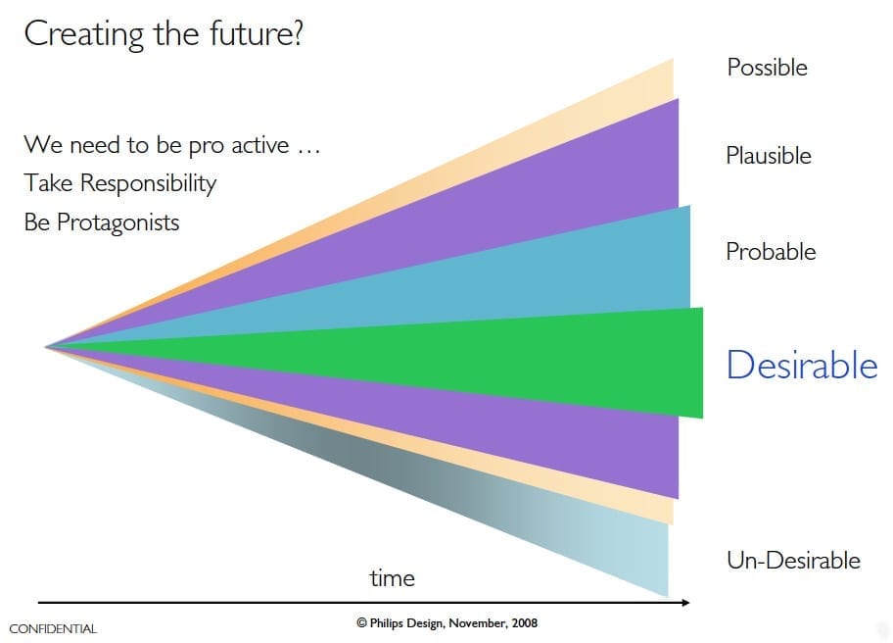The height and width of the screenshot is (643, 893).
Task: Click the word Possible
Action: click(x=767, y=68)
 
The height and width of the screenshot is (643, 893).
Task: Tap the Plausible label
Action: click(x=769, y=155)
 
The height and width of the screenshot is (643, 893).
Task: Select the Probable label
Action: click(x=771, y=251)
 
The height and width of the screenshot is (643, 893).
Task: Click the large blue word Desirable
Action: click(x=802, y=365)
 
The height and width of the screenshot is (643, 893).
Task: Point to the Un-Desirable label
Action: click(x=793, y=561)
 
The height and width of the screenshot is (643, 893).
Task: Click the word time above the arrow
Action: click(x=392, y=578)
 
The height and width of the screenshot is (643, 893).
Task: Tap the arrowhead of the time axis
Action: click(x=685, y=603)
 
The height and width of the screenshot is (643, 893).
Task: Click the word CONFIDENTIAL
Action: click(x=53, y=628)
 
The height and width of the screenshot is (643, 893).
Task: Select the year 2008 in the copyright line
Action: click(x=524, y=623)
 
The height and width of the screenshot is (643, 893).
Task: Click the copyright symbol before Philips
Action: click(x=361, y=623)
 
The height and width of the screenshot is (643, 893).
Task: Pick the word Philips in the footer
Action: click(x=388, y=623)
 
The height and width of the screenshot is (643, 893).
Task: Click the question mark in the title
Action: click(x=296, y=33)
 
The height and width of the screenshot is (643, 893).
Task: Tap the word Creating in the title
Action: click(x=84, y=34)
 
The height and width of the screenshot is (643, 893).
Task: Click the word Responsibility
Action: click(x=148, y=184)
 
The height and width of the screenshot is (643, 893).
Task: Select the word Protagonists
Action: click(x=117, y=223)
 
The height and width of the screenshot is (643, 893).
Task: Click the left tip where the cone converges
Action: click(x=46, y=347)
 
